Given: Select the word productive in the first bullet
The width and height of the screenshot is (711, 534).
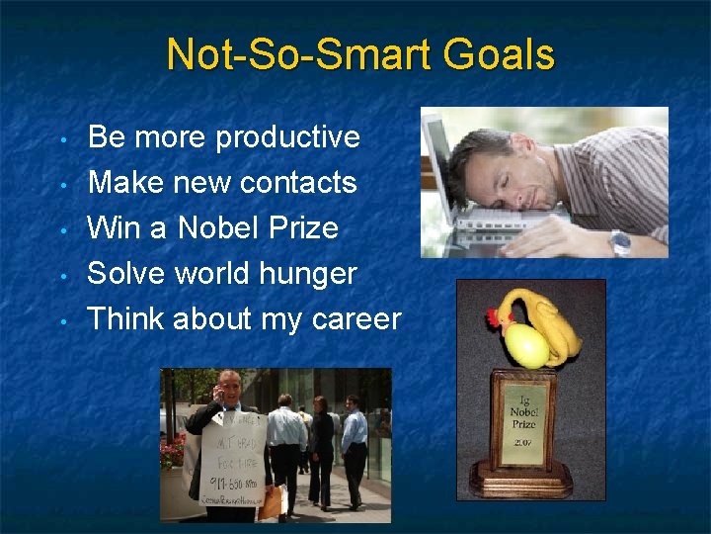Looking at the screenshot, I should (287, 137).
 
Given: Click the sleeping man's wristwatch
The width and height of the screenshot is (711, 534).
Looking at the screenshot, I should (620, 241).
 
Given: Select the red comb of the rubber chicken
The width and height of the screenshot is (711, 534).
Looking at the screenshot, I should (493, 318).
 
